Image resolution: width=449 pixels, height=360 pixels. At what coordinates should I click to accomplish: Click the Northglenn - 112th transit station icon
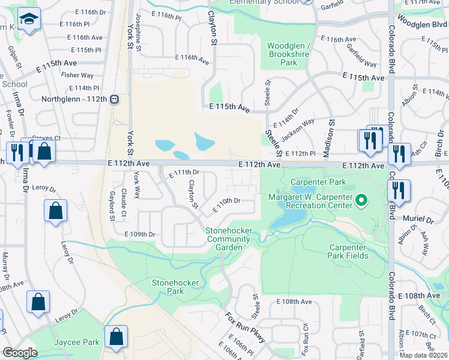pyautogui.click(x=113, y=100)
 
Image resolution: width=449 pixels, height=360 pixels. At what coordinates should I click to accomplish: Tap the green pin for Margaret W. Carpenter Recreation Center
pyautogui.click(x=361, y=200)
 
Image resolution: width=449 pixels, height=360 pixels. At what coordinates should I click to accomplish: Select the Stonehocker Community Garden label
pyautogui.click(x=224, y=239)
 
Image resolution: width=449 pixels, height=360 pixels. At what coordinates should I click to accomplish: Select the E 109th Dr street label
pyautogui.click(x=140, y=234)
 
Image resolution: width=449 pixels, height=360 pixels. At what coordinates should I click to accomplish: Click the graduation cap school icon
pyautogui.click(x=28, y=20)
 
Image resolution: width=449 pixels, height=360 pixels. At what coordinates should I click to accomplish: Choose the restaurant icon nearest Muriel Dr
pyautogui.click(x=398, y=191)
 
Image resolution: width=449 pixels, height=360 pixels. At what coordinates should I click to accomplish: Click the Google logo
pyautogui.click(x=20, y=353)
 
